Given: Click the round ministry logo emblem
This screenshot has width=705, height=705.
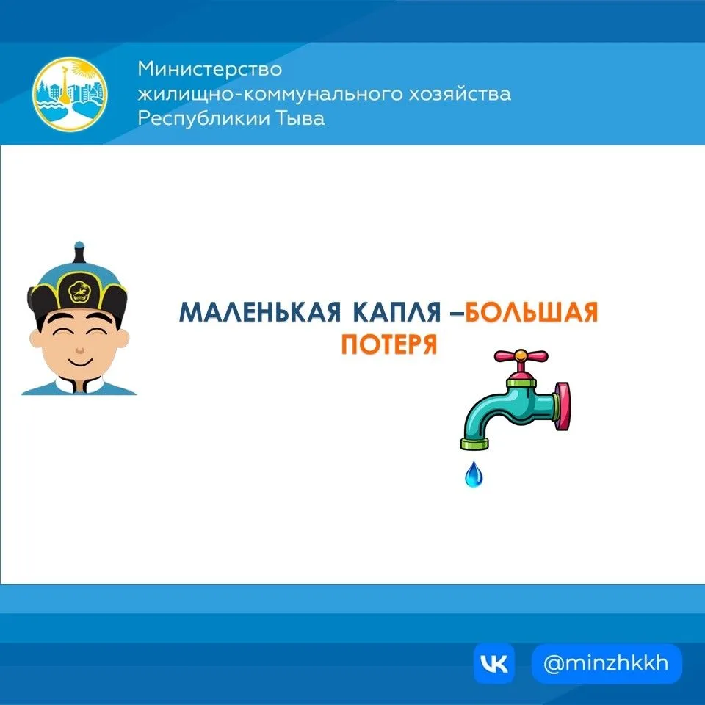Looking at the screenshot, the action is point(70,94).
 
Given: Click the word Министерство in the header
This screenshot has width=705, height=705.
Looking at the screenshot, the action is point(209,69).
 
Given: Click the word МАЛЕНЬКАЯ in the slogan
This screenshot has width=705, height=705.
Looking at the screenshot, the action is point(260,312).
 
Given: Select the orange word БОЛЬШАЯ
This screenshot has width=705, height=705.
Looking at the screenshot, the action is point(532,312).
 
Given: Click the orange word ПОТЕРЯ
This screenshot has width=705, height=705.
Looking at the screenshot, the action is point(389,344).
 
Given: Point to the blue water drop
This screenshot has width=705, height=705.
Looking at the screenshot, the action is point(474,474).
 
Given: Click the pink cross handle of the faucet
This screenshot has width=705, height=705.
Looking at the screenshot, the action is point(521,357).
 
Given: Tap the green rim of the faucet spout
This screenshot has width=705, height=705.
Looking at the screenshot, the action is point(474,444).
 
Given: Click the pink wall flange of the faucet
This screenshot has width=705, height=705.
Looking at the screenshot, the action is point(563,406).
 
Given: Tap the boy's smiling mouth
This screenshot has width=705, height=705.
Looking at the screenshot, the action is point(79,361).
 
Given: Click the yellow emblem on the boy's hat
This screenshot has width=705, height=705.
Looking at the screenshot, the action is point(79,292).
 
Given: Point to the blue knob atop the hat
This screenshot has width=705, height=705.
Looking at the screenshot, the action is point(79,246).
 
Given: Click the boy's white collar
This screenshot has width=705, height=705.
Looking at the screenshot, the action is point(79,385).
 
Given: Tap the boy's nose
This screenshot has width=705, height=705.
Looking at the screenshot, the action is point(79,350).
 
